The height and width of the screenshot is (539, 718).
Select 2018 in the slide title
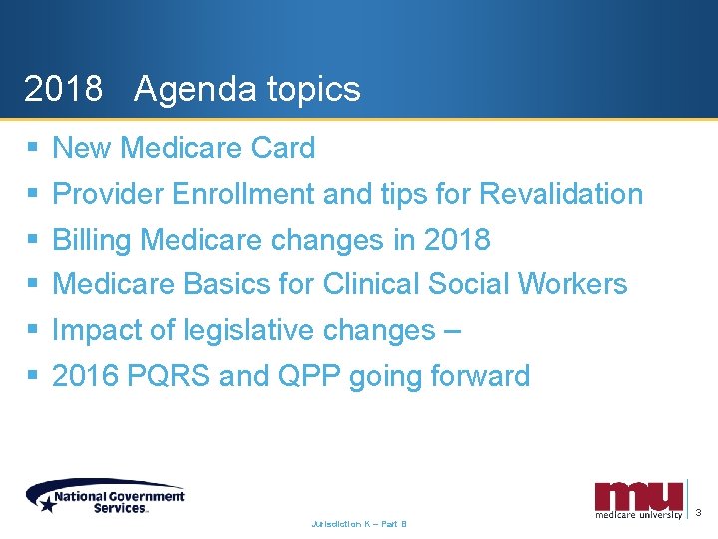coord(63,90)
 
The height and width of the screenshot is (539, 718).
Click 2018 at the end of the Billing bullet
coord(457,240)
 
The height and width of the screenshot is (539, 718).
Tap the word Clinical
coord(372,284)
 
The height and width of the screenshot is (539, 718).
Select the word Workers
coord(571,284)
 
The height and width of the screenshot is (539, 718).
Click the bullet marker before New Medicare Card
coord(32,148)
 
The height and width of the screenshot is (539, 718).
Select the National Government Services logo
coord(106,495)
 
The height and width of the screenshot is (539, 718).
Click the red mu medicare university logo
coord(639,498)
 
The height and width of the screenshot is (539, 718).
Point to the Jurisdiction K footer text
coord(359,523)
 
